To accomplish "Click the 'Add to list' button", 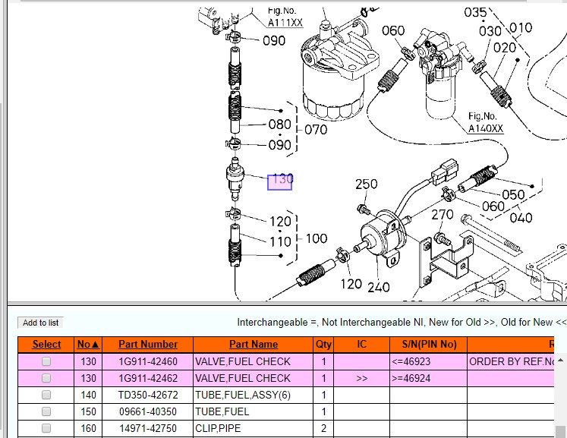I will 41,323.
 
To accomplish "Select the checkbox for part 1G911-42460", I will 46,362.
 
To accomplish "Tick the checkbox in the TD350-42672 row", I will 46,395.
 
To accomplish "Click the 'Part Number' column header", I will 148,345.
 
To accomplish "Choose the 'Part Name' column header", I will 254,345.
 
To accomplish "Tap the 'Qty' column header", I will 324,345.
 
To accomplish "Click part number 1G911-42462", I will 148,378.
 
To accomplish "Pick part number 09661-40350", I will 148,411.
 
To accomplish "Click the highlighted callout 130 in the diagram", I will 280,181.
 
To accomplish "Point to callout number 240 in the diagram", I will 379,287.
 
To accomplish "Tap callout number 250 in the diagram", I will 367,184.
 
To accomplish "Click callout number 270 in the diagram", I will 443,216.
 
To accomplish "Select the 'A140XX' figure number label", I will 485,128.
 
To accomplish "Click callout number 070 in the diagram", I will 316,130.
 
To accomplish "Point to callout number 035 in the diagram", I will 475,12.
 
